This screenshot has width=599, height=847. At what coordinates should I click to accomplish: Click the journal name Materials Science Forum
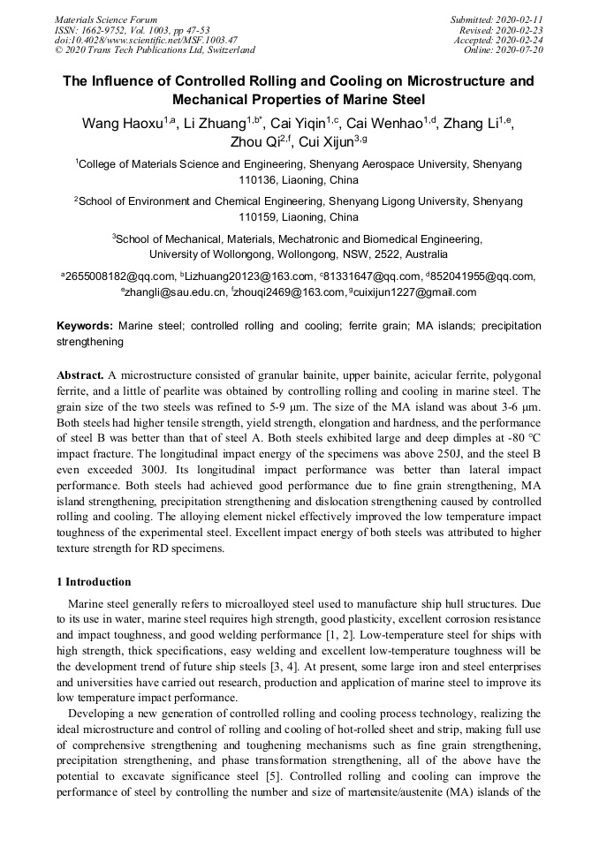(x=106, y=19)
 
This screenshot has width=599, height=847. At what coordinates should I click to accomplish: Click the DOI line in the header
(x=146, y=40)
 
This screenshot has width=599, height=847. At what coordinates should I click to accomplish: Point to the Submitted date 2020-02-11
(x=519, y=19)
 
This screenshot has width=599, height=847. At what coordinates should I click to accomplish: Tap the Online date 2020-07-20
(x=519, y=50)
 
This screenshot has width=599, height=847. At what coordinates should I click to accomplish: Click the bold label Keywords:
(x=85, y=326)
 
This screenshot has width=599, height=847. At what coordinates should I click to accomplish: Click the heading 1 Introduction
(x=94, y=582)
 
